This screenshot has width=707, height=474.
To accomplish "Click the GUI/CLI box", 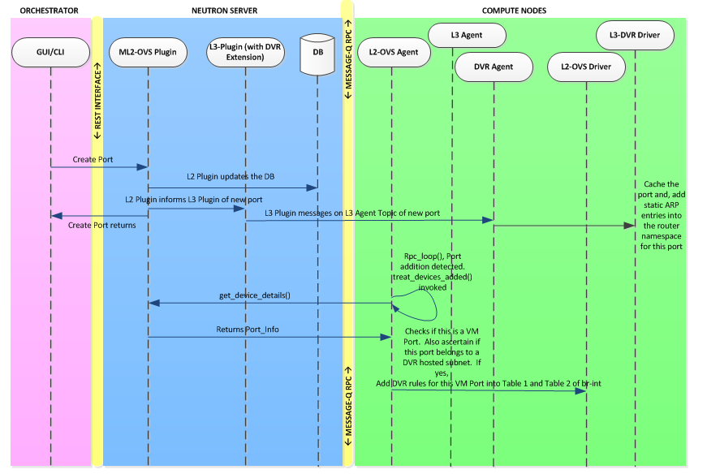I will click(50, 53).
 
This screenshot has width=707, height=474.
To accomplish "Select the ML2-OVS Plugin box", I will click(149, 53).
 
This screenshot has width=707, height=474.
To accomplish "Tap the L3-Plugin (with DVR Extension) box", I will click(244, 52).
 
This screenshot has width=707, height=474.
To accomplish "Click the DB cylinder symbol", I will click(317, 54).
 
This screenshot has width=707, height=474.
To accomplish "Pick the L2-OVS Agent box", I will click(393, 52).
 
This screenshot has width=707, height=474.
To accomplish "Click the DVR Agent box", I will click(494, 64).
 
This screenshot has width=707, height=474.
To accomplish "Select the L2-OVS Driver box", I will click(586, 64).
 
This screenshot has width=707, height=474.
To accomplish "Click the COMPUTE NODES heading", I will click(514, 10).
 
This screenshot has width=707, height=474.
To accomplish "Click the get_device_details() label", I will click(254, 295).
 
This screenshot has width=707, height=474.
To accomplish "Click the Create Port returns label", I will click(101, 225).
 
